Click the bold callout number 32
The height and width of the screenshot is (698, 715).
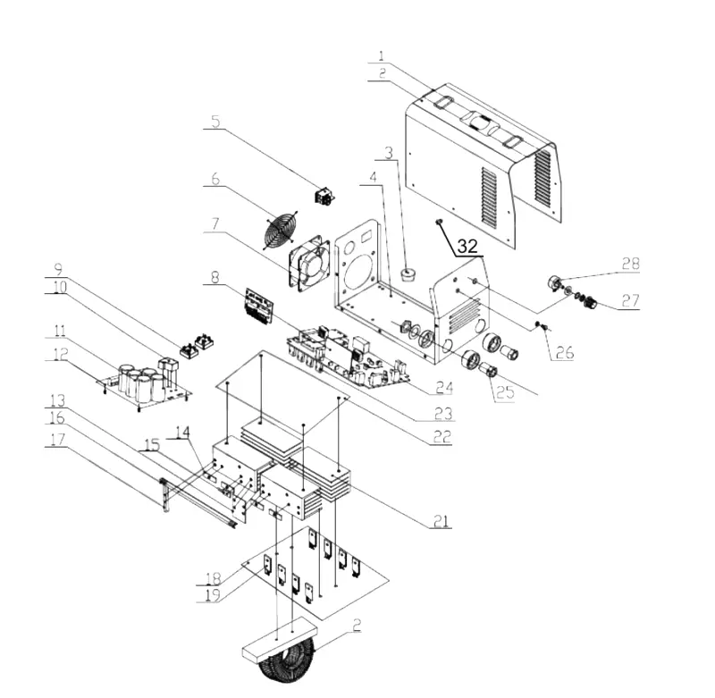pyautogui.click(x=467, y=246)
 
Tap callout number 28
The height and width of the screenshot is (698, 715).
pyautogui.click(x=631, y=264)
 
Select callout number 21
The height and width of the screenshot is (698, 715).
pyautogui.click(x=441, y=521)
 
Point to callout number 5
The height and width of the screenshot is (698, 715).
pyautogui.click(x=215, y=122)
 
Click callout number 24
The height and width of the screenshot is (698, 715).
pyautogui.click(x=444, y=388)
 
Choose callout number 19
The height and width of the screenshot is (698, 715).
pyautogui.click(x=213, y=594)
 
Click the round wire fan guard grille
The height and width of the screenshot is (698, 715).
pyautogui.click(x=280, y=230)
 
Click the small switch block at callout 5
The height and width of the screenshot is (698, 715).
pyautogui.click(x=324, y=196)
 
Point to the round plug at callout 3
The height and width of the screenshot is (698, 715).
pyautogui.click(x=408, y=275)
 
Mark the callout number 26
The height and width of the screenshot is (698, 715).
pyautogui.click(x=565, y=352)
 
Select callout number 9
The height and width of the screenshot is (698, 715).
pyautogui.click(x=58, y=268)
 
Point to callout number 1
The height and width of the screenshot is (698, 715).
pyautogui.click(x=382, y=55)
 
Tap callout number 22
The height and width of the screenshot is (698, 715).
pyautogui.click(x=442, y=436)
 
